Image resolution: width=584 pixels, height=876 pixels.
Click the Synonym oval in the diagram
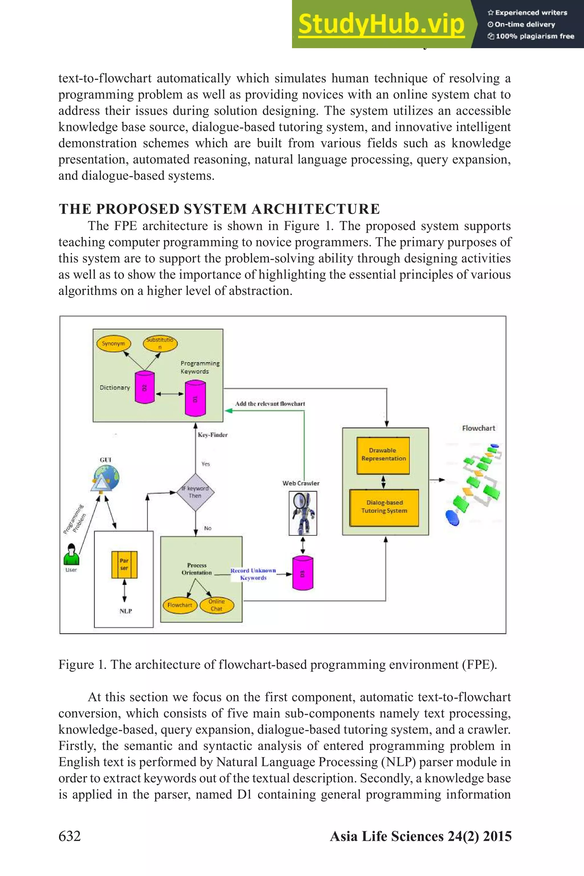click(x=113, y=343)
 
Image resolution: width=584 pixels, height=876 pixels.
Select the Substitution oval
click(x=160, y=343)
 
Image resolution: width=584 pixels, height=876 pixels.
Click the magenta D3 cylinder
click(x=303, y=573)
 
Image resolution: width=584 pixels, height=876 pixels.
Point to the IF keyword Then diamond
click(x=195, y=492)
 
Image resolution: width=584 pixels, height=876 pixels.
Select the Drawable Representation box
click(x=383, y=455)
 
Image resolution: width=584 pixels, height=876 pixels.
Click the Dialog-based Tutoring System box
click(x=384, y=507)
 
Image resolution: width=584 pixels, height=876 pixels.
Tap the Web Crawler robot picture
click(x=303, y=513)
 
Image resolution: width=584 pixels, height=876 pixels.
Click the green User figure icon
click(x=71, y=555)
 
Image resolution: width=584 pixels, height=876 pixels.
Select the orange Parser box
click(x=124, y=564)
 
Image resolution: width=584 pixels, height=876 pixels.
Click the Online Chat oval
click(x=217, y=605)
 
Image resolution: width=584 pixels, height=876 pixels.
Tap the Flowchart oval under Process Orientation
click(x=180, y=605)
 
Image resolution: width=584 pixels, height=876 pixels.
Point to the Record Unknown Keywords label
click(x=253, y=574)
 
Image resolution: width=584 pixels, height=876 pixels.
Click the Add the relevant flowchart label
click(x=270, y=404)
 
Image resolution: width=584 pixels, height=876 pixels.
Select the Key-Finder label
click(x=212, y=435)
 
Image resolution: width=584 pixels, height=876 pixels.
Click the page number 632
click(x=70, y=836)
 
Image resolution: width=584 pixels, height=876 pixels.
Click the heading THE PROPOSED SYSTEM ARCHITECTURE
click(x=219, y=209)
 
